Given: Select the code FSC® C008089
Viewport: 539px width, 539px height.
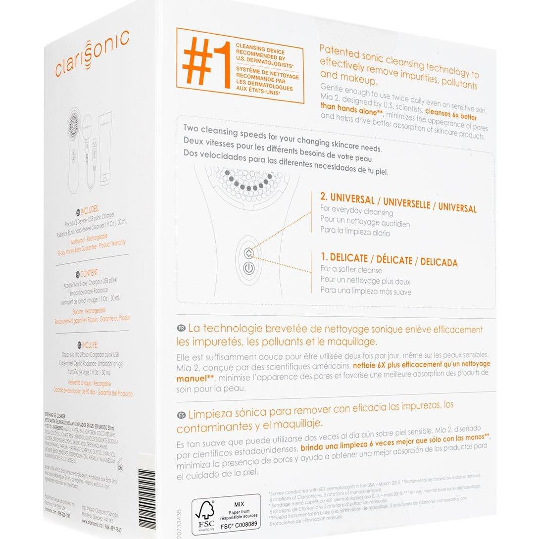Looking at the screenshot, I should (239, 524).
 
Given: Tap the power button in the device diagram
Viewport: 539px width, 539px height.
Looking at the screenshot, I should (249, 269).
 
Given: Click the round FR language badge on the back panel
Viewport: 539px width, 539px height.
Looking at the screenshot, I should (181, 328).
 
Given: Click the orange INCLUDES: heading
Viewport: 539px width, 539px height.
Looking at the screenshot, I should (89, 209).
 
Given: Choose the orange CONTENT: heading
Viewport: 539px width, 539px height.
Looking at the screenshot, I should (90, 273).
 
